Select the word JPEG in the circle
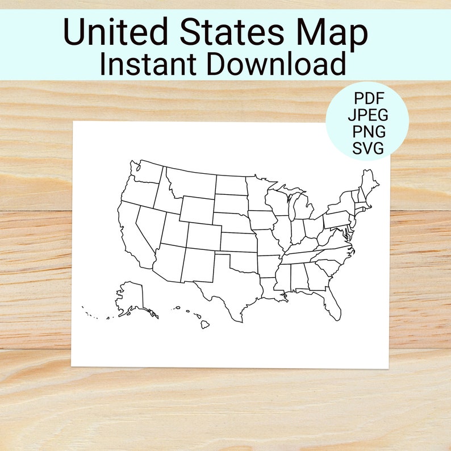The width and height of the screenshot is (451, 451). click(368, 114)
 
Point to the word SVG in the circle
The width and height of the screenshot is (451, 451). click(368, 149)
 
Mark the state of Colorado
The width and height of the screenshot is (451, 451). click(203, 236)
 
